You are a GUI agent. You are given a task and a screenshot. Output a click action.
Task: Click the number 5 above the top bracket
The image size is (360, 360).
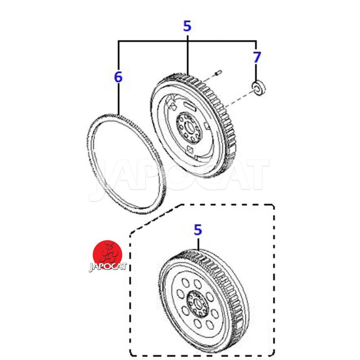click(x=187, y=26)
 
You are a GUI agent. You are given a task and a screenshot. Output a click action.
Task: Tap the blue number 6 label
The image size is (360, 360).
click(x=118, y=77)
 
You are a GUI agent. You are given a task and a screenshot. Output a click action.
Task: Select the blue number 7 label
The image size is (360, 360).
click(x=256, y=58)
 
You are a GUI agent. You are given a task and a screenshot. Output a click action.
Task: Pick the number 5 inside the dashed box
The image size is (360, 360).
click(x=198, y=230)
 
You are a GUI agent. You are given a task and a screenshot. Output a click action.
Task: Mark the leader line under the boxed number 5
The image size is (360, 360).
click(x=198, y=244)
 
